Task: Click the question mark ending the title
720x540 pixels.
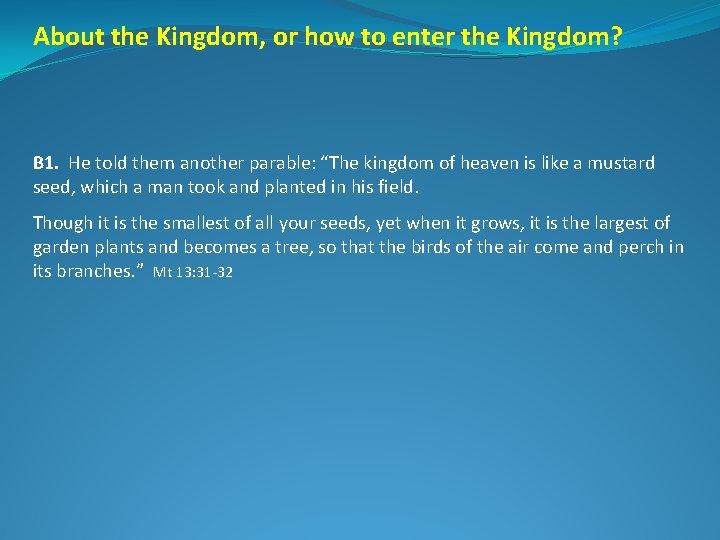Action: click(615, 37)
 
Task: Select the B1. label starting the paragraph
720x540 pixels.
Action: click(46, 162)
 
